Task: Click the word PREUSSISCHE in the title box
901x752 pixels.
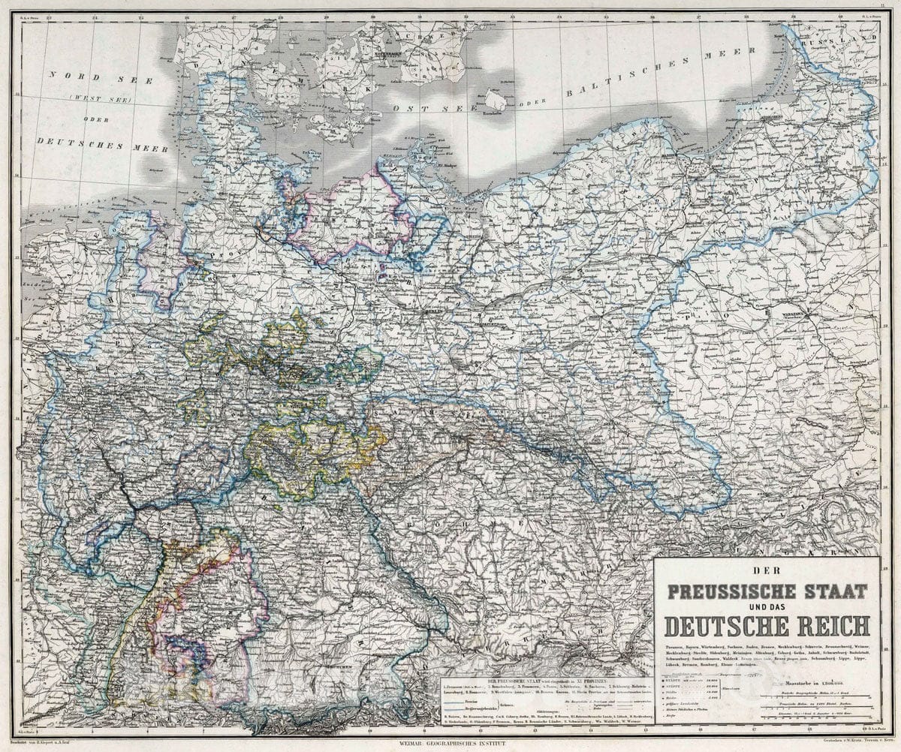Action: (740, 591)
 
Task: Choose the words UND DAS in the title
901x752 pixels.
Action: (767, 608)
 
